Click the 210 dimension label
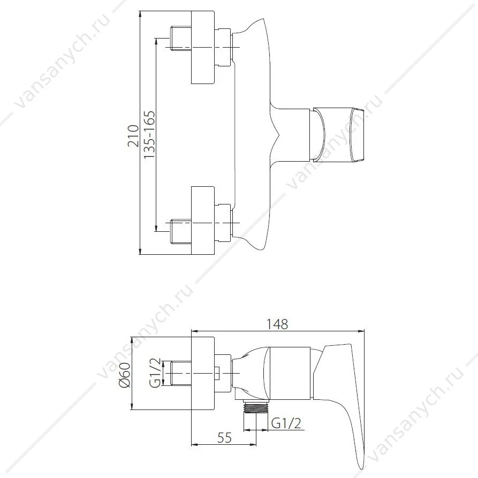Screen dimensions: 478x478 (133, 135)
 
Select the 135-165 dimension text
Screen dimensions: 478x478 (149, 134)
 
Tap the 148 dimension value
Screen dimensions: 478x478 (277, 324)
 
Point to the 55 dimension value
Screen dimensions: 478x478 (224, 438)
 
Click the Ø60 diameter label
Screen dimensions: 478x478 (125, 375)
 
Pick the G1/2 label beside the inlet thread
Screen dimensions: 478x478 (155, 373)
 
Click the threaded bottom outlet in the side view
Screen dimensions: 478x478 (256, 405)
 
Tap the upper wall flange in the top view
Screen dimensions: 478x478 (203, 47)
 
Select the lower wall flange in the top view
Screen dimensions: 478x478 (203, 220)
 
